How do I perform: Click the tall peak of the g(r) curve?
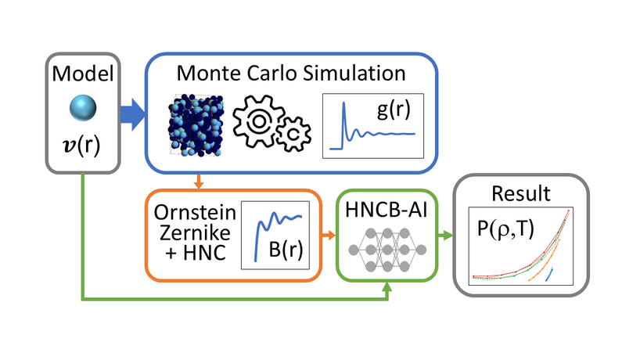(343, 110)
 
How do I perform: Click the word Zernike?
(190, 232)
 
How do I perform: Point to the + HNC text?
(191, 252)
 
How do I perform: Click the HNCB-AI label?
(387, 209)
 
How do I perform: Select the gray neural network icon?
(387, 249)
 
